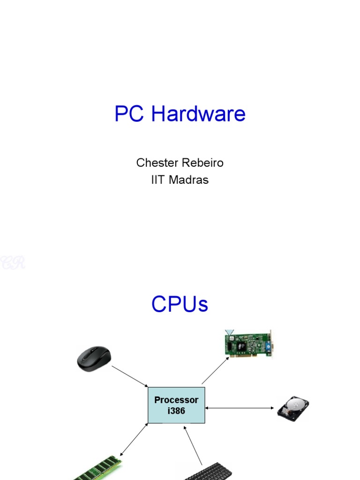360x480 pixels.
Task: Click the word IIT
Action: click(x=158, y=180)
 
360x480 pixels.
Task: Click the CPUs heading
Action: click(x=180, y=305)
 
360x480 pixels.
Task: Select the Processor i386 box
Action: click(x=176, y=405)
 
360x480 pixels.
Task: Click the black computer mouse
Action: click(x=94, y=359)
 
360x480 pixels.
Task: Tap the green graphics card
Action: click(x=247, y=344)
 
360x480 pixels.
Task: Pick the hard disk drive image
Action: click(x=293, y=408)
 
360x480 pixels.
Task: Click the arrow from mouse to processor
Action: click(x=130, y=376)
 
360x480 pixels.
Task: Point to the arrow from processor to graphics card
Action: click(x=216, y=370)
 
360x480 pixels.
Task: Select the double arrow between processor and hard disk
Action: click(x=240, y=408)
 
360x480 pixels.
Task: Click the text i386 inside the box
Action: click(x=176, y=411)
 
